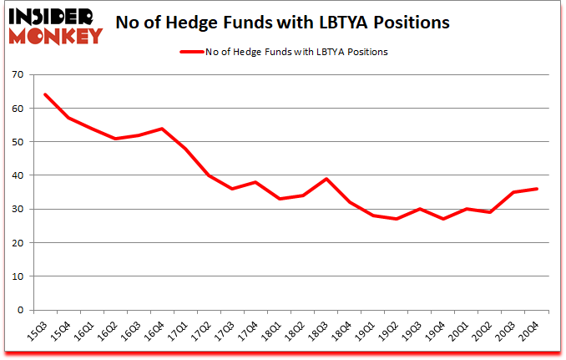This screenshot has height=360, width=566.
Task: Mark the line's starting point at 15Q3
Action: point(44,94)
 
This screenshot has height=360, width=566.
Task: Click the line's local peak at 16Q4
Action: point(161,129)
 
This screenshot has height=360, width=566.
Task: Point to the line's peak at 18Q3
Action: point(326,179)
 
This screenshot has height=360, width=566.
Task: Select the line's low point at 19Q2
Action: point(396,219)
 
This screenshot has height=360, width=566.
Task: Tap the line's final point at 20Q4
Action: point(537,189)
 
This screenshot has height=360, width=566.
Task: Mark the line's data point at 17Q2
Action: point(209,175)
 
